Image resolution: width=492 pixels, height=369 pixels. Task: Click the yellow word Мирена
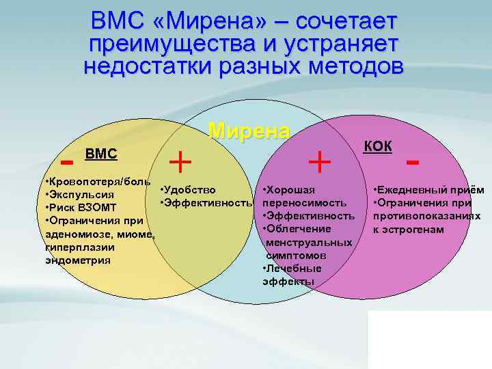pos(249,131)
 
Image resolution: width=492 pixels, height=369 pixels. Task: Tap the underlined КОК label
pos(378,146)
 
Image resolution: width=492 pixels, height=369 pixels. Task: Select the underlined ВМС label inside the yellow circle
pos(100,154)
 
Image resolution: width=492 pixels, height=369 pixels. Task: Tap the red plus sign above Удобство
pos(180,161)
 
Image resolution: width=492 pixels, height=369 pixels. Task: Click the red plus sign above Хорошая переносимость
pos(320,161)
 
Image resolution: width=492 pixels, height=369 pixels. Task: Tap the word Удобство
pos(191,189)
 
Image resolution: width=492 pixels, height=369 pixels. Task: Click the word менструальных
pos(309,242)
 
